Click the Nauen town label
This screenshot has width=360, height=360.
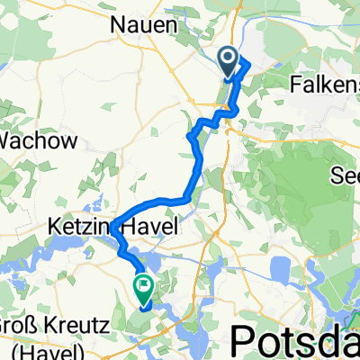pyautogui.click(x=143, y=26)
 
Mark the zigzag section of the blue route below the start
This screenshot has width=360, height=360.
pyautogui.click(x=216, y=118)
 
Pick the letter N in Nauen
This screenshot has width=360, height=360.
pyautogui.click(x=118, y=26)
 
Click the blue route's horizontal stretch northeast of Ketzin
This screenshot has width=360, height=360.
pyautogui.click(x=166, y=200)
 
